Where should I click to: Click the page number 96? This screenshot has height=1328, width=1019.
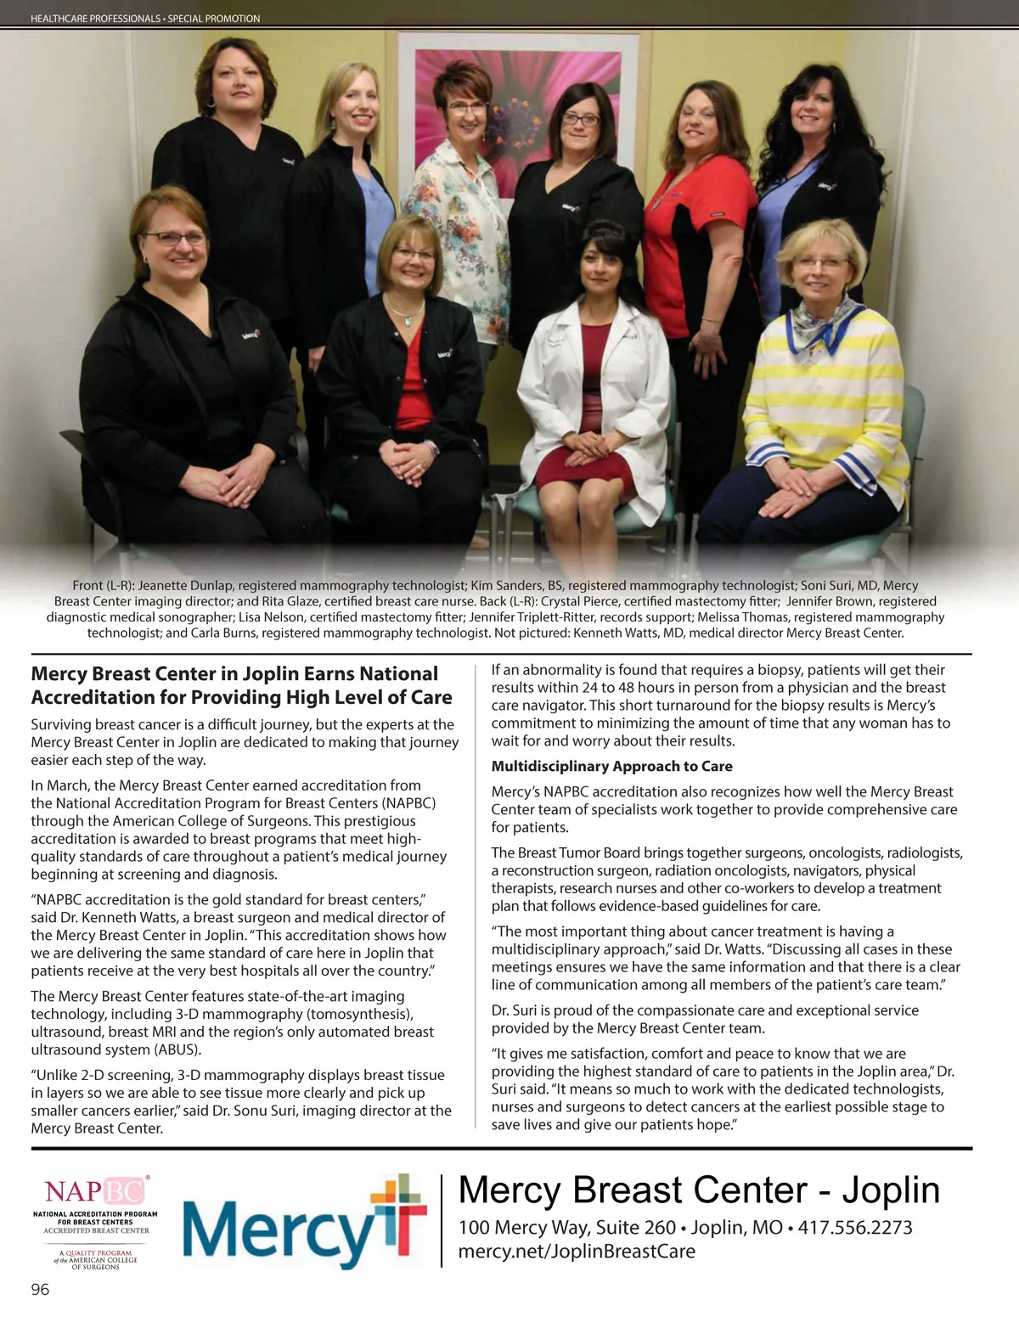40,1290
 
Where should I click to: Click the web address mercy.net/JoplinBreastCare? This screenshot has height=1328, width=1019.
577,1252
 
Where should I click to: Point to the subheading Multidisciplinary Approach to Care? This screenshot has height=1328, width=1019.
611,766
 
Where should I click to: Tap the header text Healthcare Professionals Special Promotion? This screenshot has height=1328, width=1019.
145,18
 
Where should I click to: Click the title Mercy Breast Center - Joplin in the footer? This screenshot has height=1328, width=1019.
699,1190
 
